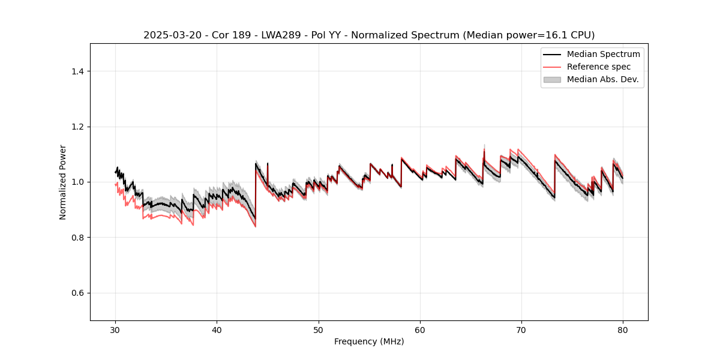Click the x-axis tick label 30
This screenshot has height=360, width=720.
116,329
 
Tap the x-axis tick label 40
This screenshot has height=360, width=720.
217,329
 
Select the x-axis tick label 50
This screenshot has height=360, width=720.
319,329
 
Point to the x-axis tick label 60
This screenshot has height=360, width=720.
420,329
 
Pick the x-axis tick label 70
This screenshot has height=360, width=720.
521,329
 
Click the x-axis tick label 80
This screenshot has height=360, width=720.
623,329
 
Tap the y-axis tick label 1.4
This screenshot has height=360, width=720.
77,71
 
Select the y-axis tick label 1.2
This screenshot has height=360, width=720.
77,127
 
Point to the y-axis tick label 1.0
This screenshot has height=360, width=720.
77,182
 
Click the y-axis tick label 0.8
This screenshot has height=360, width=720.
77,238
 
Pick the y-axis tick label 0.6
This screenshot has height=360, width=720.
77,293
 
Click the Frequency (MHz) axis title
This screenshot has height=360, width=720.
369,341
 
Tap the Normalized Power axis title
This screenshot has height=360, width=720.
63,182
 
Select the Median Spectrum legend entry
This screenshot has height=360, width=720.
603,54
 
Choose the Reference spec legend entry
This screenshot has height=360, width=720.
599,67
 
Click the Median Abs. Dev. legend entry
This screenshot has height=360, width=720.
603,79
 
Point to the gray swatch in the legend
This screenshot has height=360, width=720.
552,79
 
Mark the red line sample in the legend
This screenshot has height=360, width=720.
552,67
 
